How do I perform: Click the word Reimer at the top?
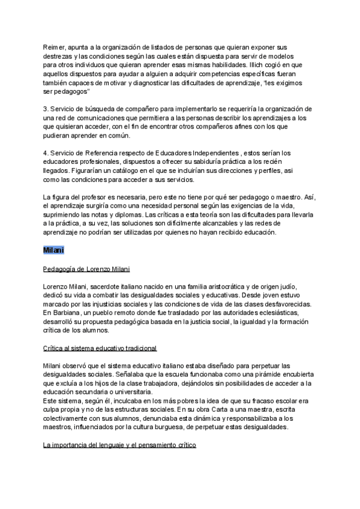55,46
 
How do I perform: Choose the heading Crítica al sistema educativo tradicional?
100,348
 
